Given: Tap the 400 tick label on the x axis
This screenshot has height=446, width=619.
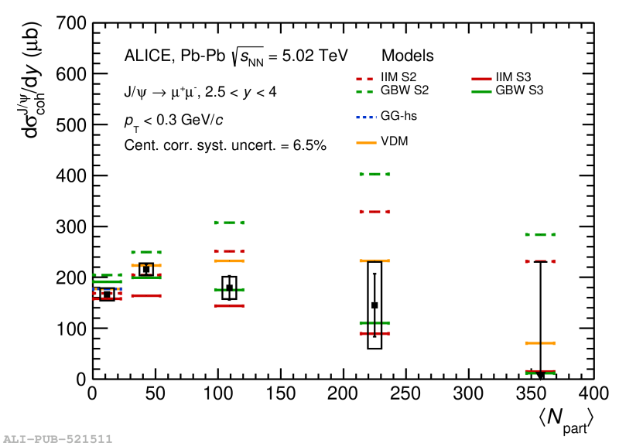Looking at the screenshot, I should (x=593, y=394).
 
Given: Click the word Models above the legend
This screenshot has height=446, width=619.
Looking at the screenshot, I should (x=407, y=56).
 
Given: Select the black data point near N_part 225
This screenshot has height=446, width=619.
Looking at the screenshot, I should (x=374, y=305).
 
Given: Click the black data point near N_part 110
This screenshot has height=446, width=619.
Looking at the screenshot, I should (x=229, y=288).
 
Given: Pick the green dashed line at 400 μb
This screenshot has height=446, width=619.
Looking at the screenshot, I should (x=374, y=175).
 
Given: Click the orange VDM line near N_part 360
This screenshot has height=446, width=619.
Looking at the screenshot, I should (x=540, y=343).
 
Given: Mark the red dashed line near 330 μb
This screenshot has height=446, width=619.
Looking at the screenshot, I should (x=374, y=212).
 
